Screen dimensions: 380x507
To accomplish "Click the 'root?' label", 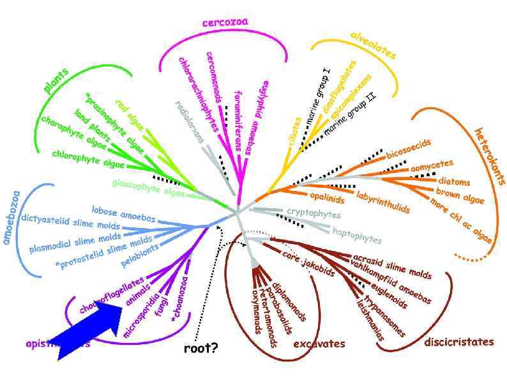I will pyautogui.click(x=201, y=348).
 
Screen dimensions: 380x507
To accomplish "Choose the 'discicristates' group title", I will pyautogui.click(x=458, y=342).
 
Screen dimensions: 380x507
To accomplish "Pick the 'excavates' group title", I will pyautogui.click(x=319, y=344).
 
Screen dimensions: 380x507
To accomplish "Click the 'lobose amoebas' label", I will pyautogui.click(x=123, y=213).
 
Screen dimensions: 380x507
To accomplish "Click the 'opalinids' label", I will pyautogui.click(x=328, y=195).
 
